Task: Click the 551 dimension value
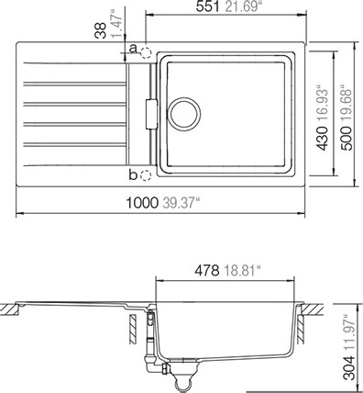(208, 6)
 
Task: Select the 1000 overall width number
(142, 203)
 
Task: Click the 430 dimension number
(322, 139)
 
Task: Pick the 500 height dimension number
(347, 139)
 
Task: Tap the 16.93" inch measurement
(322, 104)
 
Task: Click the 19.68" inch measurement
(347, 104)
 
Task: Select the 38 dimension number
(101, 30)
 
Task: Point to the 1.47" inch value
(116, 24)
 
